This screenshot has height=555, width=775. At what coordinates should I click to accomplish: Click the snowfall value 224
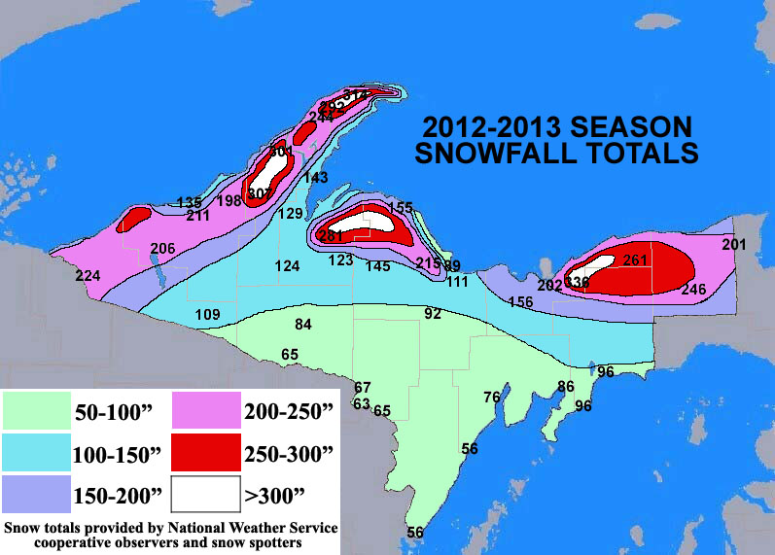point(88,277)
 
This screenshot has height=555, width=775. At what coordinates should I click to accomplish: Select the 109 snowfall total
point(207,315)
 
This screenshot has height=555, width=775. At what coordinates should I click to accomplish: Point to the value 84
point(303,324)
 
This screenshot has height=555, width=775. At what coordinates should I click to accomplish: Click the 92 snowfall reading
point(433,314)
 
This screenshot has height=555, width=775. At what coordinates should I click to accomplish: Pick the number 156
point(520,302)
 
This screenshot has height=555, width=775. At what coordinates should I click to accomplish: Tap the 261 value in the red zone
point(635,260)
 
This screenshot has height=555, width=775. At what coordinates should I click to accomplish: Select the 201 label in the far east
point(734,245)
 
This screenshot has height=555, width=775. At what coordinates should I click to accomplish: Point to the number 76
point(491,397)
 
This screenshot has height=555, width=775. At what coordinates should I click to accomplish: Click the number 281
point(332,236)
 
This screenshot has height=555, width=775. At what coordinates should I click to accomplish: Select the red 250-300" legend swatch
point(204,454)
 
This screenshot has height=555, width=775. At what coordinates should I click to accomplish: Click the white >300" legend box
point(204,494)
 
